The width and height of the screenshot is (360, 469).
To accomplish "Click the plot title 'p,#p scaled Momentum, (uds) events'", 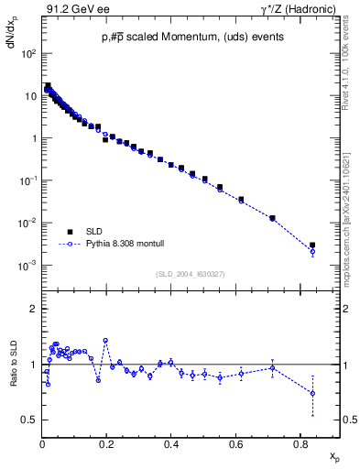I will pyautogui.click(x=180, y=38).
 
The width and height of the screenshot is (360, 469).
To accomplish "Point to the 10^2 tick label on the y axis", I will pyautogui.click(x=28, y=54).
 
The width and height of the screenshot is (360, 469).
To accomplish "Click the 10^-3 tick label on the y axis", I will pyautogui.click(x=28, y=266).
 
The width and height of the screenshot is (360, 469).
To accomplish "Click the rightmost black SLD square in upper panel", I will pyautogui.click(x=312, y=245).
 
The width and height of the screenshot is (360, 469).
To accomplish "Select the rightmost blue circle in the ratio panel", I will pyautogui.click(x=312, y=393).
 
